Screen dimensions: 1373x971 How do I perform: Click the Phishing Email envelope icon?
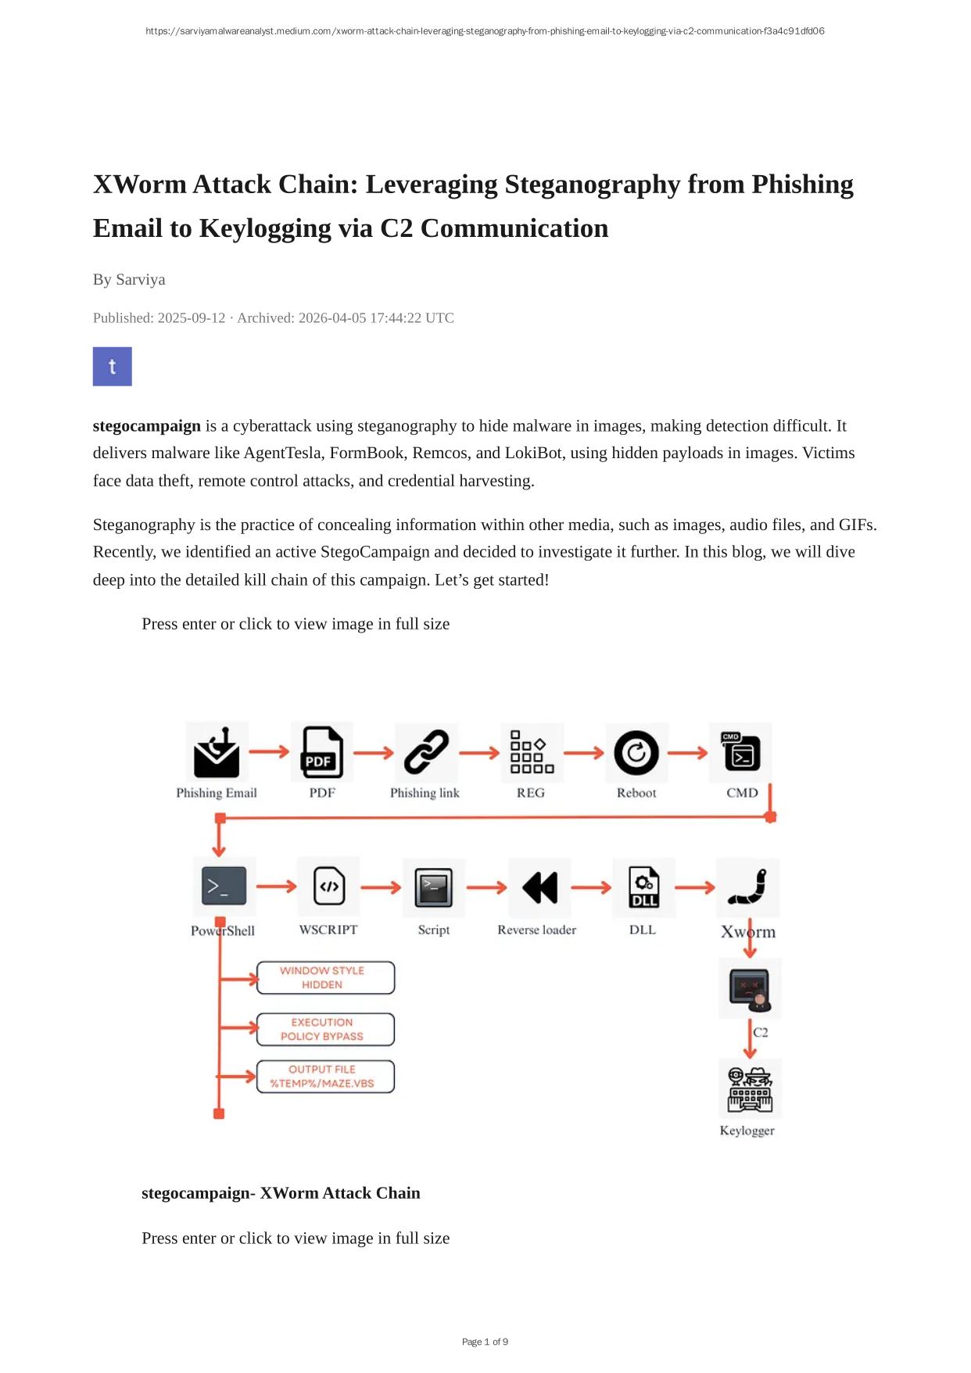(x=217, y=753)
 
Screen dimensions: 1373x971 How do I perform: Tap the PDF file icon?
(x=322, y=753)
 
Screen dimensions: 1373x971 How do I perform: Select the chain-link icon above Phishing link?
(x=426, y=753)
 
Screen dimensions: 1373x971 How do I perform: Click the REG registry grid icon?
(x=532, y=753)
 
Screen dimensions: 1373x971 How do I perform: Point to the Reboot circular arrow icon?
(x=636, y=753)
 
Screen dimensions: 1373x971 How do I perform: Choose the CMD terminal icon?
(x=741, y=753)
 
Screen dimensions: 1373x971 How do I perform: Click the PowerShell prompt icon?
(x=224, y=887)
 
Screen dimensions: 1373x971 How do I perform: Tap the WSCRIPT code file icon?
(x=329, y=887)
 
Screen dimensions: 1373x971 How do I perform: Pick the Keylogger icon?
(x=750, y=1089)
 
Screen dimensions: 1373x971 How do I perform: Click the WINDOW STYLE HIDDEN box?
(x=325, y=977)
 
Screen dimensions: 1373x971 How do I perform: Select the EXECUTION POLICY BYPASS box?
(x=325, y=1029)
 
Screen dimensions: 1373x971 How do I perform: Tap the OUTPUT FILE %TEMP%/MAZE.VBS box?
(x=325, y=1077)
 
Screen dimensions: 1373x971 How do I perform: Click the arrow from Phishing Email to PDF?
(x=270, y=752)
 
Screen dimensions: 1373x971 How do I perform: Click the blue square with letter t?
(x=113, y=367)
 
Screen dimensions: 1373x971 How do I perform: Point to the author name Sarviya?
(x=140, y=280)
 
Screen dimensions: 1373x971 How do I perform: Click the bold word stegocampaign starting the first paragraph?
(x=147, y=426)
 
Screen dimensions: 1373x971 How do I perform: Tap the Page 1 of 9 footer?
(x=485, y=1342)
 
